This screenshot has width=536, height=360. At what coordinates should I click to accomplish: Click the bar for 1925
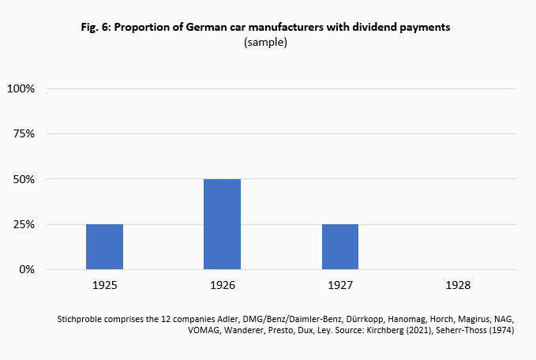[x=104, y=247]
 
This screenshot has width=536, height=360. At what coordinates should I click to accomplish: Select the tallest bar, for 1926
[x=222, y=224]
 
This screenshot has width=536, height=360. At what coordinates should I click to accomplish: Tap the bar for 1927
[x=339, y=247]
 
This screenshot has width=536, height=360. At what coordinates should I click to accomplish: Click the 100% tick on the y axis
[x=21, y=88]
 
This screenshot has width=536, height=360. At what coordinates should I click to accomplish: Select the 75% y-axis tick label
[x=24, y=133]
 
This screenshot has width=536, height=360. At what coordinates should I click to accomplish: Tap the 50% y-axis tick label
[x=24, y=179]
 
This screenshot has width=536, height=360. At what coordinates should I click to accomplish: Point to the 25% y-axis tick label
[x=24, y=224]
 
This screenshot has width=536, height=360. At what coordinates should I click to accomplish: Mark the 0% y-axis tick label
[x=28, y=270]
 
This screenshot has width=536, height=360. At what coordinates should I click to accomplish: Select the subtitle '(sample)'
[x=267, y=43]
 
